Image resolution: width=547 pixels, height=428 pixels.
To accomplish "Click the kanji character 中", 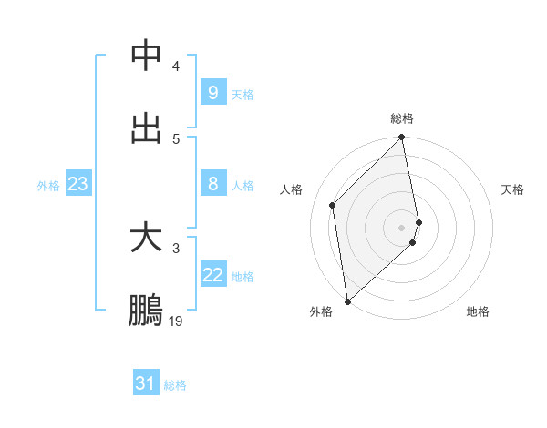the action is coord(146,56).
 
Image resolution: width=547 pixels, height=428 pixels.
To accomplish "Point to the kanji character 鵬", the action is coord(146,310).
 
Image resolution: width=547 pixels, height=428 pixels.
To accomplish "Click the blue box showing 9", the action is coord(212,92).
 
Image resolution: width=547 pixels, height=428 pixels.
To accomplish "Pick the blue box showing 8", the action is coord(212,184).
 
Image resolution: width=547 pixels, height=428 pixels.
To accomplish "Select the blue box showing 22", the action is coord(212,275).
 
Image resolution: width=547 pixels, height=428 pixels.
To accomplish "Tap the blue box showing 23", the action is coord(77,184).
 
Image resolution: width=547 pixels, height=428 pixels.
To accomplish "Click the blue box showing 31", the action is coord(146,383).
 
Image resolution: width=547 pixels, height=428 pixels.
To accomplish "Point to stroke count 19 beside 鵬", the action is coord(176,321).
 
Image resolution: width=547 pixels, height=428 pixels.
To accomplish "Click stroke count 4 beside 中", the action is coord(176,66).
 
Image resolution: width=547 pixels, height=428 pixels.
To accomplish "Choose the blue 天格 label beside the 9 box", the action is coord(243,94).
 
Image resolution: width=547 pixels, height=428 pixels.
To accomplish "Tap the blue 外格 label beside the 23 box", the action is coord(48,186).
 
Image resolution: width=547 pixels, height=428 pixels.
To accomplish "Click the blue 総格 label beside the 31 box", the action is coord(175,385).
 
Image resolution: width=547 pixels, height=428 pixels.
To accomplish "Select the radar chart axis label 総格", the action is coord(402,118).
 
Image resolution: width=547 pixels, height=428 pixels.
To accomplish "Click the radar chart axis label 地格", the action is coord(478,311).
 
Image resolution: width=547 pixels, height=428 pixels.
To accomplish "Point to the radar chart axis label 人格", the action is coord(292,189).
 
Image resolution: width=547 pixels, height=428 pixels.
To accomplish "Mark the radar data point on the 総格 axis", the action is coord(402,138).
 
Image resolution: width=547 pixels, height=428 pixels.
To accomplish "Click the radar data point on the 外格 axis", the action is coord(347,301).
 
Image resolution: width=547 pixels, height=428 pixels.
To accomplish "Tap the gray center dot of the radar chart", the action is coord(402,227).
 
